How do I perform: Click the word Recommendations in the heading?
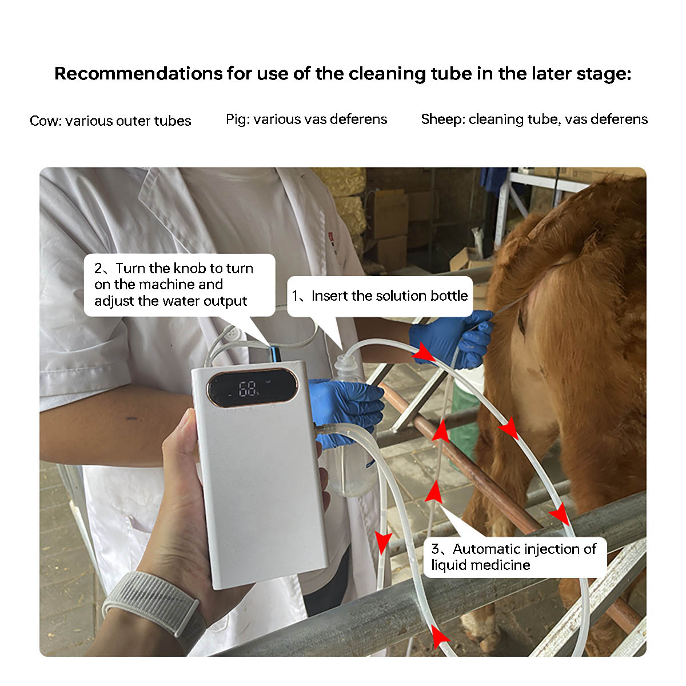pos(138,74)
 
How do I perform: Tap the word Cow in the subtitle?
pos(44,121)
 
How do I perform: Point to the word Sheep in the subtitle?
pos(441,119)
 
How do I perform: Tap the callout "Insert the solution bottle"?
pos(380,296)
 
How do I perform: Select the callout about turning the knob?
pos(180,285)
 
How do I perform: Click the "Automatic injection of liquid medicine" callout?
pos(514,557)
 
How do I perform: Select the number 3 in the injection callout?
pos(435,549)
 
